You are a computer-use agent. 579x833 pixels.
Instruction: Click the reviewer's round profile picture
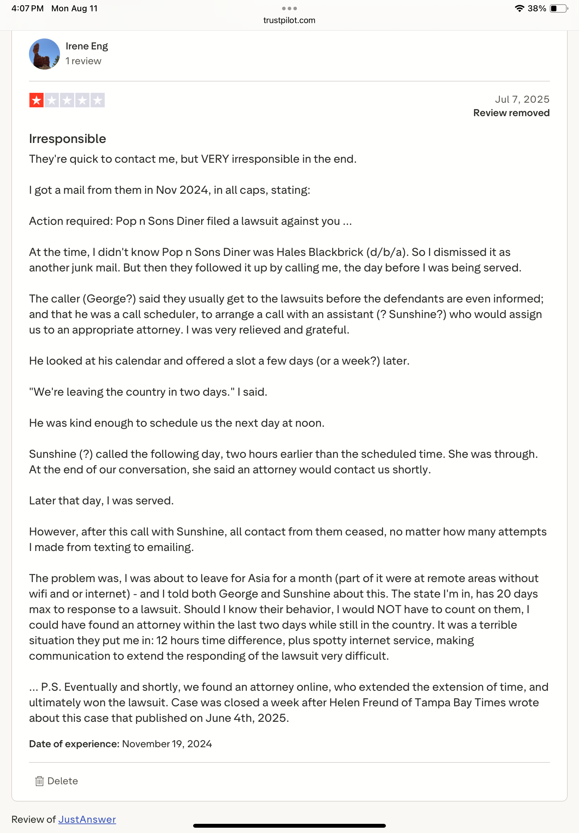[44, 54]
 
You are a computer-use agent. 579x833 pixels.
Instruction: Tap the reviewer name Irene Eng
[87, 46]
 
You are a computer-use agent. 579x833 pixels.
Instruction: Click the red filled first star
[36, 100]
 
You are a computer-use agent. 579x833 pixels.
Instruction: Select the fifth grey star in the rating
[97, 100]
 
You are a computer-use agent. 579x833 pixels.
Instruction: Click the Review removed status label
[511, 113]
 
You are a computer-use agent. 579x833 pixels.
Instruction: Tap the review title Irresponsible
[67, 138]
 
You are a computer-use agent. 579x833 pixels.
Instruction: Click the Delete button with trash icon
[56, 780]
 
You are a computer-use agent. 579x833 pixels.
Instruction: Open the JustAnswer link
[87, 819]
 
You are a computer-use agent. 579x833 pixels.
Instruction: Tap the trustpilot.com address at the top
[289, 20]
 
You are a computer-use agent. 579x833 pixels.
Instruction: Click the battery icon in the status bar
[558, 8]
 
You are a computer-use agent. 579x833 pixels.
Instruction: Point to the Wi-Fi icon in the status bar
[519, 8]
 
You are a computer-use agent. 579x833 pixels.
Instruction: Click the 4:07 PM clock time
[28, 8]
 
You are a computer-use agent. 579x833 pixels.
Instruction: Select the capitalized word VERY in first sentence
[215, 159]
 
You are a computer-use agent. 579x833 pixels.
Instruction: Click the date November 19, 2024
[167, 743]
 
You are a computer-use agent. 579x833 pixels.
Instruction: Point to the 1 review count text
[83, 61]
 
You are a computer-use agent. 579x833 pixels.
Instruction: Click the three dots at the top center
[289, 8]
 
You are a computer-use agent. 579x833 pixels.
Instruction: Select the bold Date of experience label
[74, 743]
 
